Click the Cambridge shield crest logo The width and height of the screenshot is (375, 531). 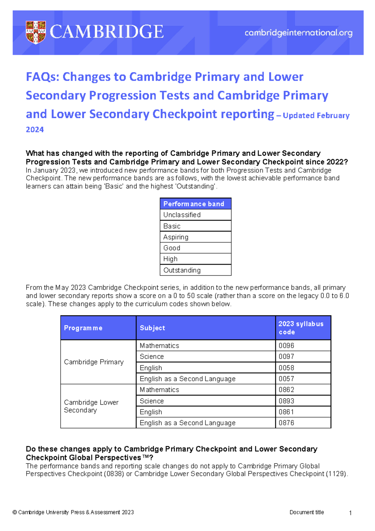[36, 32]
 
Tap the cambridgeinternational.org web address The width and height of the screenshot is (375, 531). [298, 33]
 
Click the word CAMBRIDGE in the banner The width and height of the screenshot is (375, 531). [107, 32]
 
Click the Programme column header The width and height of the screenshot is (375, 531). [83, 328]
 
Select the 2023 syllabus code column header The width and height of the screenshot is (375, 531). [301, 328]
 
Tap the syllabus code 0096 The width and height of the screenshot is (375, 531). [287, 346]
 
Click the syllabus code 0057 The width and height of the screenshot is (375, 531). [287, 379]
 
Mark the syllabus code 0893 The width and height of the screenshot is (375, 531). [287, 401]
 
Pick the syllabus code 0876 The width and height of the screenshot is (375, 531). [287, 423]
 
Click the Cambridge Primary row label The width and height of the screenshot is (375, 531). [94, 362]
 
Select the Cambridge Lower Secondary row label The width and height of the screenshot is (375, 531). [91, 406]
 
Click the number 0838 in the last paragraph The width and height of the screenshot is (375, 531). [113, 474]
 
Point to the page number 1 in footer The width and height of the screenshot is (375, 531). [350, 513]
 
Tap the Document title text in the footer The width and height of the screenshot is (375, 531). [307, 512]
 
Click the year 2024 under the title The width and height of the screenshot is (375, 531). [35, 129]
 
